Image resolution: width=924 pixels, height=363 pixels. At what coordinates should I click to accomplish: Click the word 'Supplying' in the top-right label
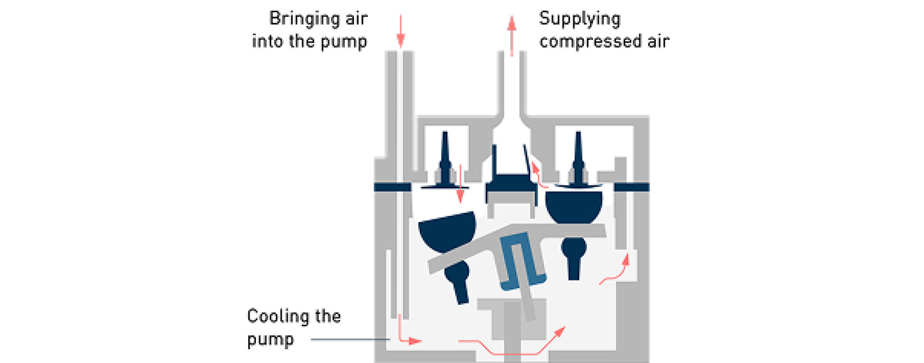pos(579,19)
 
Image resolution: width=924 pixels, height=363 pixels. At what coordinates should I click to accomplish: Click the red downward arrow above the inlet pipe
pos(400,31)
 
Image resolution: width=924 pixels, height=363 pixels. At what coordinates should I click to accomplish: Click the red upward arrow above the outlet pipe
pos(512,35)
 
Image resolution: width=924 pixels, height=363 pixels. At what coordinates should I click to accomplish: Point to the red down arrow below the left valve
pos(460,185)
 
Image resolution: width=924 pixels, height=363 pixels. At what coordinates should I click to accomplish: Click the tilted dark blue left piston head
pos(448,231)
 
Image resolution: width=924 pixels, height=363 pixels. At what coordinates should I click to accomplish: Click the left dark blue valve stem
pos(445,159)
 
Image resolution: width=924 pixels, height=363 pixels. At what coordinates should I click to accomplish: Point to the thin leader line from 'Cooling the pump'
pos(349,339)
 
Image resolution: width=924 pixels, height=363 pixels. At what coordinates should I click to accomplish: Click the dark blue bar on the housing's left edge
pos(392,187)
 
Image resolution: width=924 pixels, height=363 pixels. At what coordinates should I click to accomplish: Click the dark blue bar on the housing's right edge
pos(631,187)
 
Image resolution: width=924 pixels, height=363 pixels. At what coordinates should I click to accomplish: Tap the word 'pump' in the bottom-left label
pos(270,339)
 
